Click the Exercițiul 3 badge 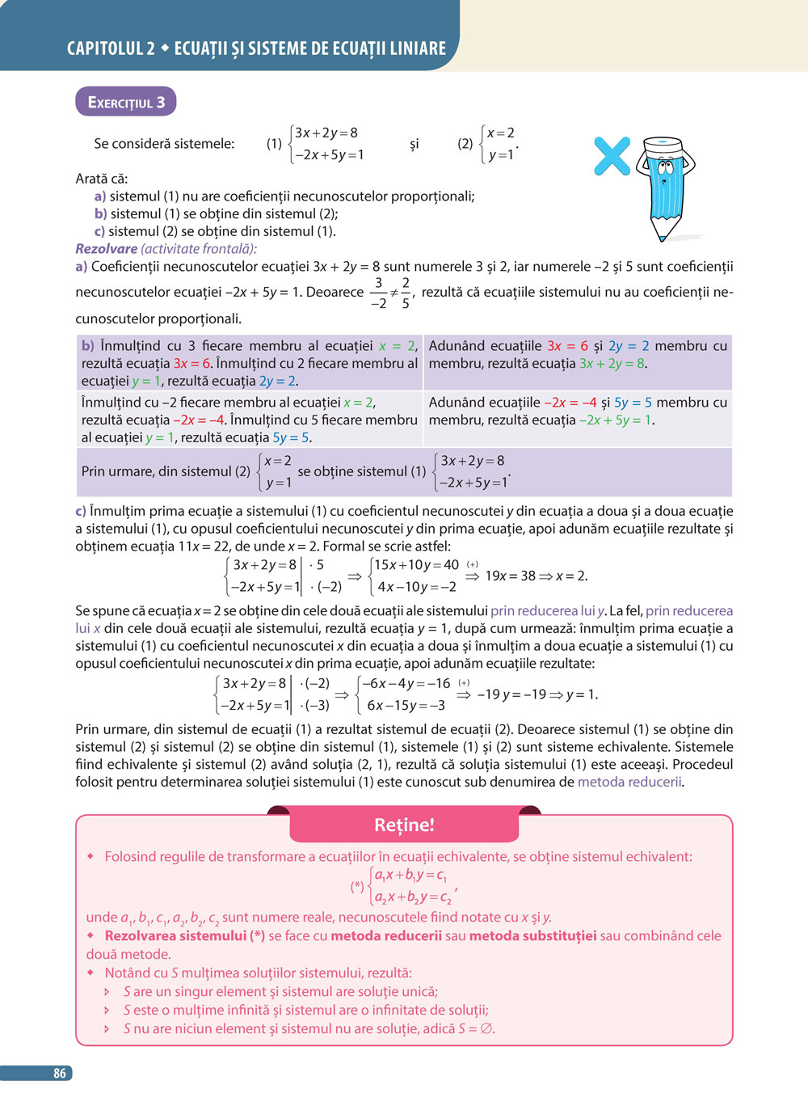point(126,102)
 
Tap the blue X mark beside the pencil point(612,156)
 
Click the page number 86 point(60,1073)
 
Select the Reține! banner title point(404,825)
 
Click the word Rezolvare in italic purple point(107,249)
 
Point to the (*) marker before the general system point(357,886)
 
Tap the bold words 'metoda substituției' point(532,935)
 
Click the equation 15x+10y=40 point(416,565)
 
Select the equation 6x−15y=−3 point(406,705)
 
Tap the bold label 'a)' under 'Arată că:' point(100,196)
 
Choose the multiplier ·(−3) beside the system point(314,705)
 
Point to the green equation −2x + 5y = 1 point(616,420)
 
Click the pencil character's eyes point(666,168)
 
